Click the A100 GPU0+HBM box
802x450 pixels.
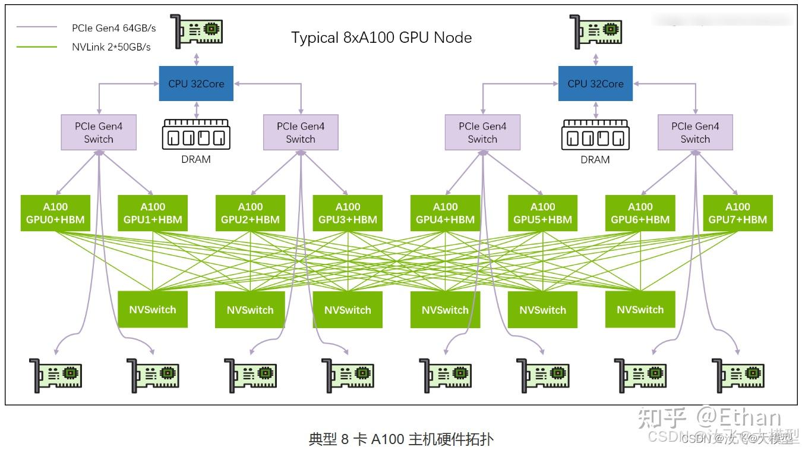click(x=55, y=213)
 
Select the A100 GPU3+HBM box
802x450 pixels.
click(x=348, y=213)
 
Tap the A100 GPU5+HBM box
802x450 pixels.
click(x=542, y=213)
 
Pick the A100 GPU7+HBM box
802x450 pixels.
click(x=737, y=213)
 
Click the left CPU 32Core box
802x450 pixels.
click(x=196, y=84)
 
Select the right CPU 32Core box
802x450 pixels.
click(x=595, y=84)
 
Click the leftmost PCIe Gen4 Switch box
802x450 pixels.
click(x=99, y=133)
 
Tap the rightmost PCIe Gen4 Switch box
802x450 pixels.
click(x=695, y=133)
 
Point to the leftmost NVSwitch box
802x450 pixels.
click(x=153, y=309)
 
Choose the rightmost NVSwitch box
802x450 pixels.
click(x=640, y=309)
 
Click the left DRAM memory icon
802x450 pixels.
click(x=196, y=134)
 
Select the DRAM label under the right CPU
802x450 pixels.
click(x=595, y=159)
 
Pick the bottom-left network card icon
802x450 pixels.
click(x=56, y=375)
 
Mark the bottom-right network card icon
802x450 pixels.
click(x=738, y=375)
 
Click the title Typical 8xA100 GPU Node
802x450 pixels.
click(x=381, y=38)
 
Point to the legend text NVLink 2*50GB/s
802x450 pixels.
click(x=111, y=47)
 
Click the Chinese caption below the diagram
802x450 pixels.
click(x=401, y=439)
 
